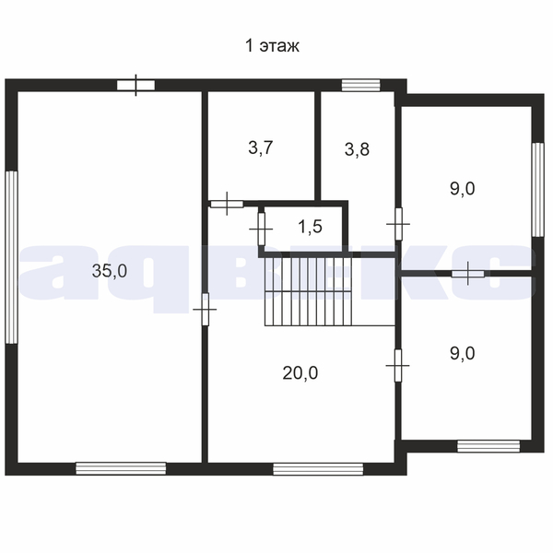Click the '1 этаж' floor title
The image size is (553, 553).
[x=272, y=46]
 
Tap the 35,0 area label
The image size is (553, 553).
[x=110, y=271]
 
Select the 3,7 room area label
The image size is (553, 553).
[x=261, y=147]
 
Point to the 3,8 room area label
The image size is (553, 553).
[x=357, y=149]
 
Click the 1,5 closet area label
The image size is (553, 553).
[x=311, y=227]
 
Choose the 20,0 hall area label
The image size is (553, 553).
[x=300, y=373]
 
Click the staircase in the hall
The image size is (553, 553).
[x=309, y=291]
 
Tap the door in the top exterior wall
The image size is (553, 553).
[x=135, y=86]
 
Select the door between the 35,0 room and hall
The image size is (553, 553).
[x=205, y=310]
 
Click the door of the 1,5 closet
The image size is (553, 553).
[x=262, y=229]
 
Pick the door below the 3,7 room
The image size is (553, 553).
[x=227, y=204]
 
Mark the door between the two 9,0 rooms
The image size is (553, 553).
[x=468, y=274]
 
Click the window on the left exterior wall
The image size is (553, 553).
[x=11, y=257]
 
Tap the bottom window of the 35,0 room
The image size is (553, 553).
[x=121, y=468]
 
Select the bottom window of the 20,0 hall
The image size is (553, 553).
[x=318, y=469]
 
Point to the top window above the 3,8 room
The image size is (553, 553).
[x=360, y=86]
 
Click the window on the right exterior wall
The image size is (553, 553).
[x=538, y=189]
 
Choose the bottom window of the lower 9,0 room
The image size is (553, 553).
[x=488, y=446]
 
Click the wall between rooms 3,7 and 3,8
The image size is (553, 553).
[x=317, y=146]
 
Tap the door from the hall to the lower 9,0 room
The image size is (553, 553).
[x=398, y=365]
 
